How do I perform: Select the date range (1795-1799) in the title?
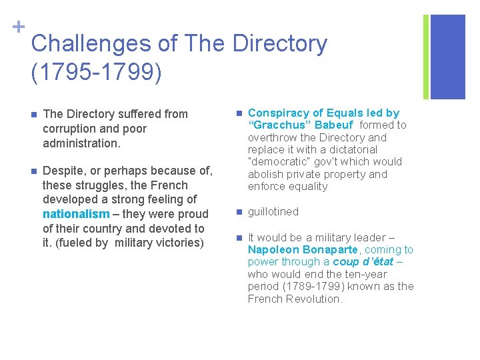[x=96, y=73]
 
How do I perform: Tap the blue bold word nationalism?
[x=75, y=214]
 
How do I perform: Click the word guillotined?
[x=273, y=212]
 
